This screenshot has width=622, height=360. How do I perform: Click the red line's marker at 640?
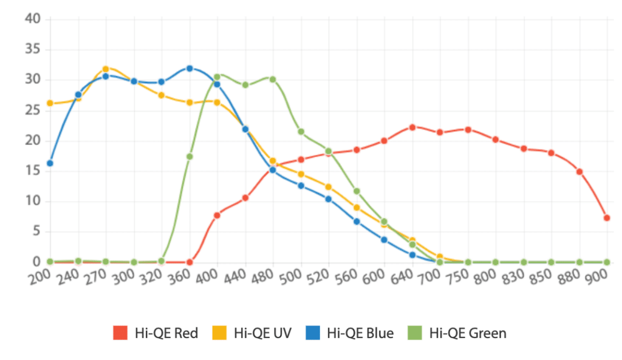click(412, 127)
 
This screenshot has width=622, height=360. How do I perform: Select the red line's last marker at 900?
click(607, 217)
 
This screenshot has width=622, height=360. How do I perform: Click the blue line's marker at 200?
click(50, 163)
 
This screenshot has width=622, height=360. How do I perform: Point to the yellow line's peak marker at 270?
click(106, 69)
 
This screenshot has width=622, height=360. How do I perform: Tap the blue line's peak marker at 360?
click(190, 69)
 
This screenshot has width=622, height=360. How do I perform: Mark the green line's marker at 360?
click(190, 157)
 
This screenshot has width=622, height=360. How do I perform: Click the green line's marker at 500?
click(301, 132)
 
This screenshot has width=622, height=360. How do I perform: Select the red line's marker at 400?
click(217, 215)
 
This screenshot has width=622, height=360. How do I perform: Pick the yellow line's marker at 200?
click(50, 103)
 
